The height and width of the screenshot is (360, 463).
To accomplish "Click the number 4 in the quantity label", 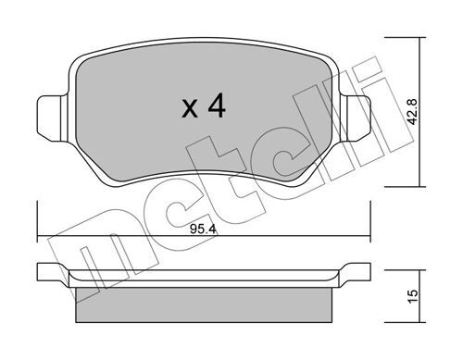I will [x=216, y=107].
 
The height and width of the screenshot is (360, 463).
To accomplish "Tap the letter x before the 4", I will [x=189, y=110].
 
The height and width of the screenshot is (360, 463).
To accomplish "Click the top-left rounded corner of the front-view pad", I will [x=81, y=54].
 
